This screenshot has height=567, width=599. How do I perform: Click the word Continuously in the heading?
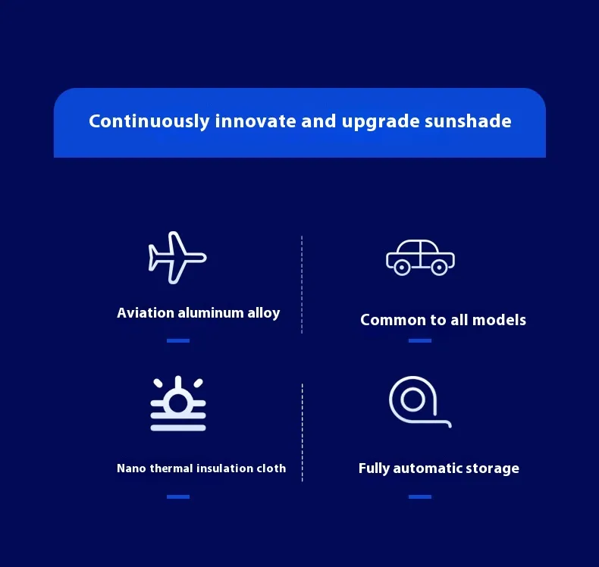point(149,121)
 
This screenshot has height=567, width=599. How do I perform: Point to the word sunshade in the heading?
point(468,121)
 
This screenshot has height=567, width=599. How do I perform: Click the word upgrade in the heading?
point(381,122)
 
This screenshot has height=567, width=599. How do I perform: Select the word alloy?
point(264,313)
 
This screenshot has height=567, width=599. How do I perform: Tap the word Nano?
point(131,468)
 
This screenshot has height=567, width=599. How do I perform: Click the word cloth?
point(271,468)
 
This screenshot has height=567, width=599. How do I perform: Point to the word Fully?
point(374,468)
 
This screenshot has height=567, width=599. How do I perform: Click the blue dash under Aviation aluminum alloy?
point(178,340)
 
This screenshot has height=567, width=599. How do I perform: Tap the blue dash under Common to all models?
point(420,340)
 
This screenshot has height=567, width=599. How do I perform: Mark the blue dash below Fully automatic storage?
point(420,497)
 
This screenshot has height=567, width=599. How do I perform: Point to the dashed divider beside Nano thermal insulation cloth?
point(303,433)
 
